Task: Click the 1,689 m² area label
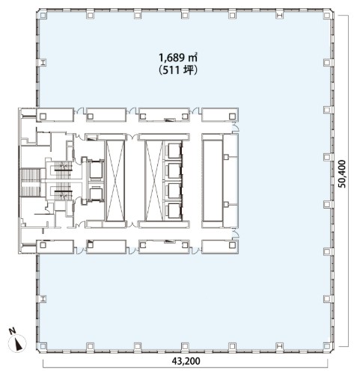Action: point(178,58)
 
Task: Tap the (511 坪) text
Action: point(178,70)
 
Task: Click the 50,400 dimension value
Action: point(342,173)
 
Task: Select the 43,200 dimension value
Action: point(186,361)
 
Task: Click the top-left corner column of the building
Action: point(43,15)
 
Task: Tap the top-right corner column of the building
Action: point(327,15)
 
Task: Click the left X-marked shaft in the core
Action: point(115,181)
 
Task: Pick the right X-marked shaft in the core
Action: point(154,181)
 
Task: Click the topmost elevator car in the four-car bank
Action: point(174,151)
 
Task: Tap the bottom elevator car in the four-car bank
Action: point(174,211)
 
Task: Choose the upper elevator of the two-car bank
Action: point(96,170)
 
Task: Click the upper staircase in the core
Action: point(63,170)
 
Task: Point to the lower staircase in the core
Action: point(63,191)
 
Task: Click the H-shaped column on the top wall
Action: point(280,15)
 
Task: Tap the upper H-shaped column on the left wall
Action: point(43,62)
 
